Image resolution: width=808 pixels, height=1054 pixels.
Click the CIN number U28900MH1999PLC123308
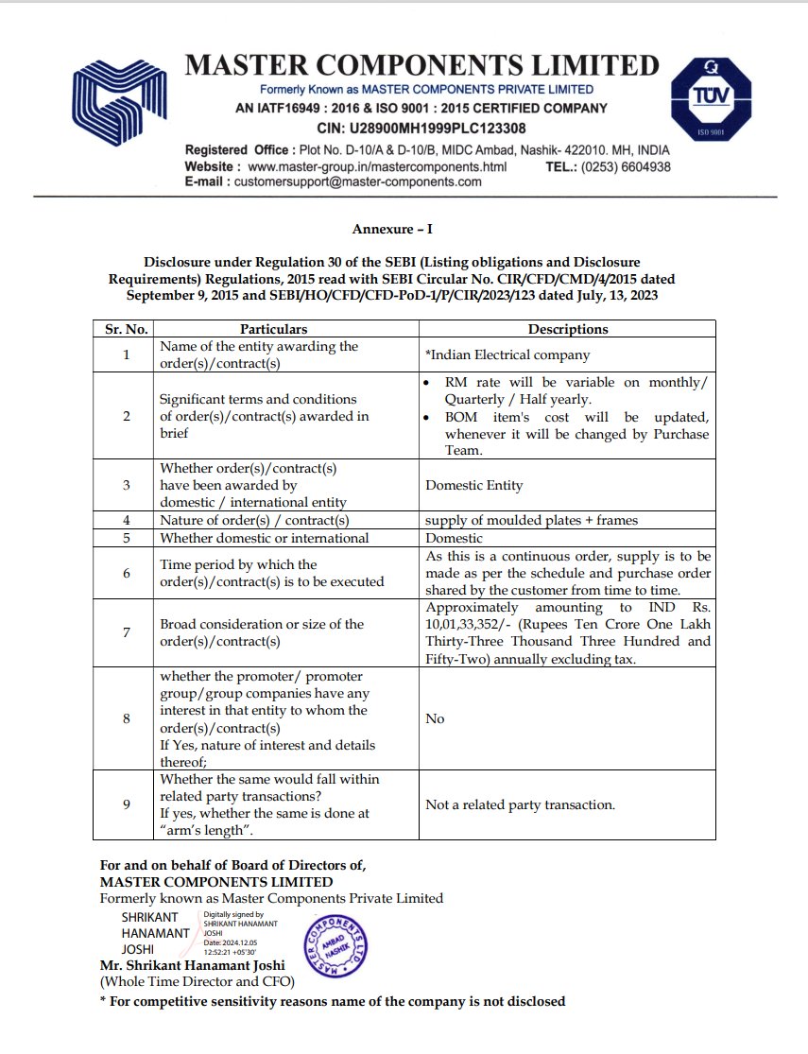click(x=421, y=128)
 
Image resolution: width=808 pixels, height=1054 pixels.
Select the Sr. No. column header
click(x=124, y=329)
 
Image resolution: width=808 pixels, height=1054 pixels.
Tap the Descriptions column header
click(x=568, y=329)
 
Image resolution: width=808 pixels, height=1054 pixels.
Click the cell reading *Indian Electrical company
click(x=507, y=355)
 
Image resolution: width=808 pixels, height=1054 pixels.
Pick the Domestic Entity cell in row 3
click(x=473, y=485)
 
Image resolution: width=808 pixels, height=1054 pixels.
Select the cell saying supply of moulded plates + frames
click(x=531, y=520)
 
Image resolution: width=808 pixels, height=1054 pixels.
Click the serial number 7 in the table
click(x=126, y=632)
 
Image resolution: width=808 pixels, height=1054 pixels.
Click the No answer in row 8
click(x=435, y=718)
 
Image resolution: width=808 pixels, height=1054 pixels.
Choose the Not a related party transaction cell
click(x=521, y=805)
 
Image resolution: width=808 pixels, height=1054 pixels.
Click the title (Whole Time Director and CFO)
click(x=198, y=981)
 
